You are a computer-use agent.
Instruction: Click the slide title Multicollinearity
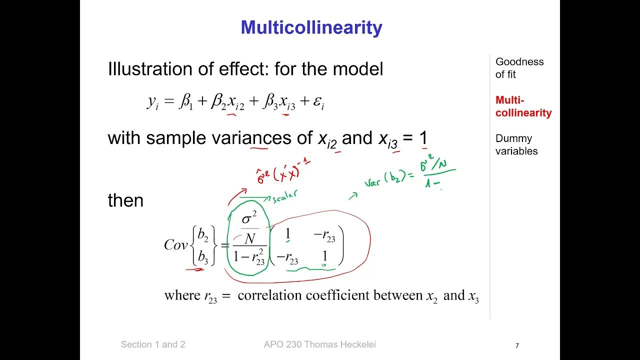point(311,27)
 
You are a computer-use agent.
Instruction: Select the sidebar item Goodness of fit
point(519,68)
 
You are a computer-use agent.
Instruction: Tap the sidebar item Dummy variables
point(516,144)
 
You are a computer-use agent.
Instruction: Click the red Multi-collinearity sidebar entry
point(523,106)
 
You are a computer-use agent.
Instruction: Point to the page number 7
point(517,345)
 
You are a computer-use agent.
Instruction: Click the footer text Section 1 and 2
point(153,344)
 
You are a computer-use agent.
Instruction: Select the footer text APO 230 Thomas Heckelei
point(319,344)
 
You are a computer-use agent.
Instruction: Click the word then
point(125,200)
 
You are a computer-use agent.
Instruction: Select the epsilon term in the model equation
point(318,103)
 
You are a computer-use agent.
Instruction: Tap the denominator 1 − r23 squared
point(248,257)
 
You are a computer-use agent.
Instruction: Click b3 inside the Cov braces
point(202,257)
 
